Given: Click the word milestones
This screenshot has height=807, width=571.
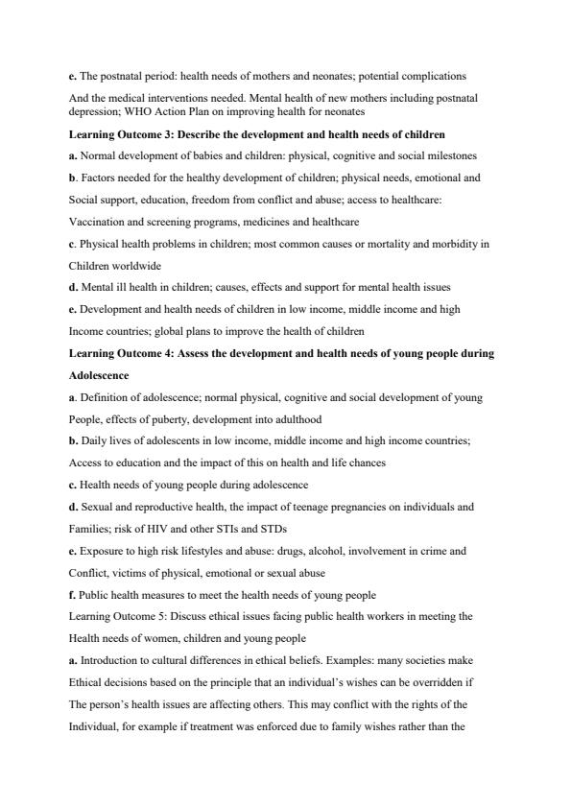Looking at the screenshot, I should tap(451, 154).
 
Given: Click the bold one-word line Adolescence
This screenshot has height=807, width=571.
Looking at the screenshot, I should tap(99, 375).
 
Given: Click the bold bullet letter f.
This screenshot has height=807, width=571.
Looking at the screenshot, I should tap(72, 595).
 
